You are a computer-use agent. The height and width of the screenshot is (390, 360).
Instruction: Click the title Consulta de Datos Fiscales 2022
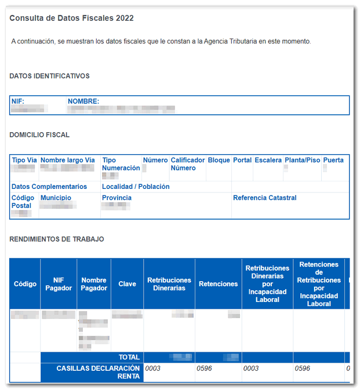tap(71, 18)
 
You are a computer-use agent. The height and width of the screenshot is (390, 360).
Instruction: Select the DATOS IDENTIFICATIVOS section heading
tap(49, 76)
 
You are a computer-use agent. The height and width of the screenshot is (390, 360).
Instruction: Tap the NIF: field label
tap(18, 101)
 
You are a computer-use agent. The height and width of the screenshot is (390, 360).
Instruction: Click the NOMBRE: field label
tap(83, 101)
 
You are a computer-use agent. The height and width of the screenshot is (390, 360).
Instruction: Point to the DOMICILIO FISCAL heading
tap(39, 134)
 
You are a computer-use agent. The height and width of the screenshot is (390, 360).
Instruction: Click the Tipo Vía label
tap(24, 160)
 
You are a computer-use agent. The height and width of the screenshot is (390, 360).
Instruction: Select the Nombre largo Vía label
tap(68, 160)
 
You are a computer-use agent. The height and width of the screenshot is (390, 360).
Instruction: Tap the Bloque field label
tap(219, 160)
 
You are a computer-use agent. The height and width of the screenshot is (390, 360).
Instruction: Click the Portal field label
tap(242, 160)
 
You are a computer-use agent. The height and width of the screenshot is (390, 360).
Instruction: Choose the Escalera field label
tap(268, 160)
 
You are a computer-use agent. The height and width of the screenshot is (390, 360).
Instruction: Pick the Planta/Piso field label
tap(302, 160)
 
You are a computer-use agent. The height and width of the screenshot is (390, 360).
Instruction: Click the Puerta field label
tap(333, 160)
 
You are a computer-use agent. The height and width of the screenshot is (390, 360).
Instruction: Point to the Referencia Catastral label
tap(264, 198)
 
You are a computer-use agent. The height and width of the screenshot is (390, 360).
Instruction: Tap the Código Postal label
tap(22, 202)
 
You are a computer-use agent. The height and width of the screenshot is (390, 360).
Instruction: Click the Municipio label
tap(56, 198)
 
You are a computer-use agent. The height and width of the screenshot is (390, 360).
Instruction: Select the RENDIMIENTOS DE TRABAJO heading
tap(56, 239)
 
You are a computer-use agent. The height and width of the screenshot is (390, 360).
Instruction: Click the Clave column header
tap(127, 284)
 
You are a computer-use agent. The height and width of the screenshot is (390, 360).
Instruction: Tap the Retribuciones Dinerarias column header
tap(169, 284)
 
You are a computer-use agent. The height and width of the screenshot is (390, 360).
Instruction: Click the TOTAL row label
tap(129, 358)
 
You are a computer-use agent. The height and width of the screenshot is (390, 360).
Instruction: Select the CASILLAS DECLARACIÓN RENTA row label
tap(99, 372)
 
